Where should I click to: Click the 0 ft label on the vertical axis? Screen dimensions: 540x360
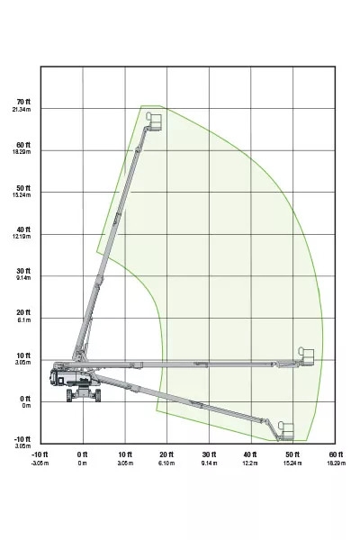tap(24, 399)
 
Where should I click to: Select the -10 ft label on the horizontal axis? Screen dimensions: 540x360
tap(39, 454)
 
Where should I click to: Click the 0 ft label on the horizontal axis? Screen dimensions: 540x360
tap(82, 454)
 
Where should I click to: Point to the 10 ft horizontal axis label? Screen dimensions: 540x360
tap(124, 454)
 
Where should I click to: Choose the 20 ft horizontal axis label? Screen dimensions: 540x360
tap(166, 454)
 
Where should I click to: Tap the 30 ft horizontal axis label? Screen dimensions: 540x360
tap(209, 454)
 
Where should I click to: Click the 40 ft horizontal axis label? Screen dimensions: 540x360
tap(251, 454)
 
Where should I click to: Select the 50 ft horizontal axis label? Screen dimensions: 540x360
tap(293, 454)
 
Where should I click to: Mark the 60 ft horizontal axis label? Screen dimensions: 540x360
tap(336, 454)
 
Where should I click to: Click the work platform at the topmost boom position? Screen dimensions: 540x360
tap(154, 121)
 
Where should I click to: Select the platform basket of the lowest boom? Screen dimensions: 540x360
tap(287, 430)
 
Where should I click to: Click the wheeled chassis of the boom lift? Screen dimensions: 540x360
tap(79, 387)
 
